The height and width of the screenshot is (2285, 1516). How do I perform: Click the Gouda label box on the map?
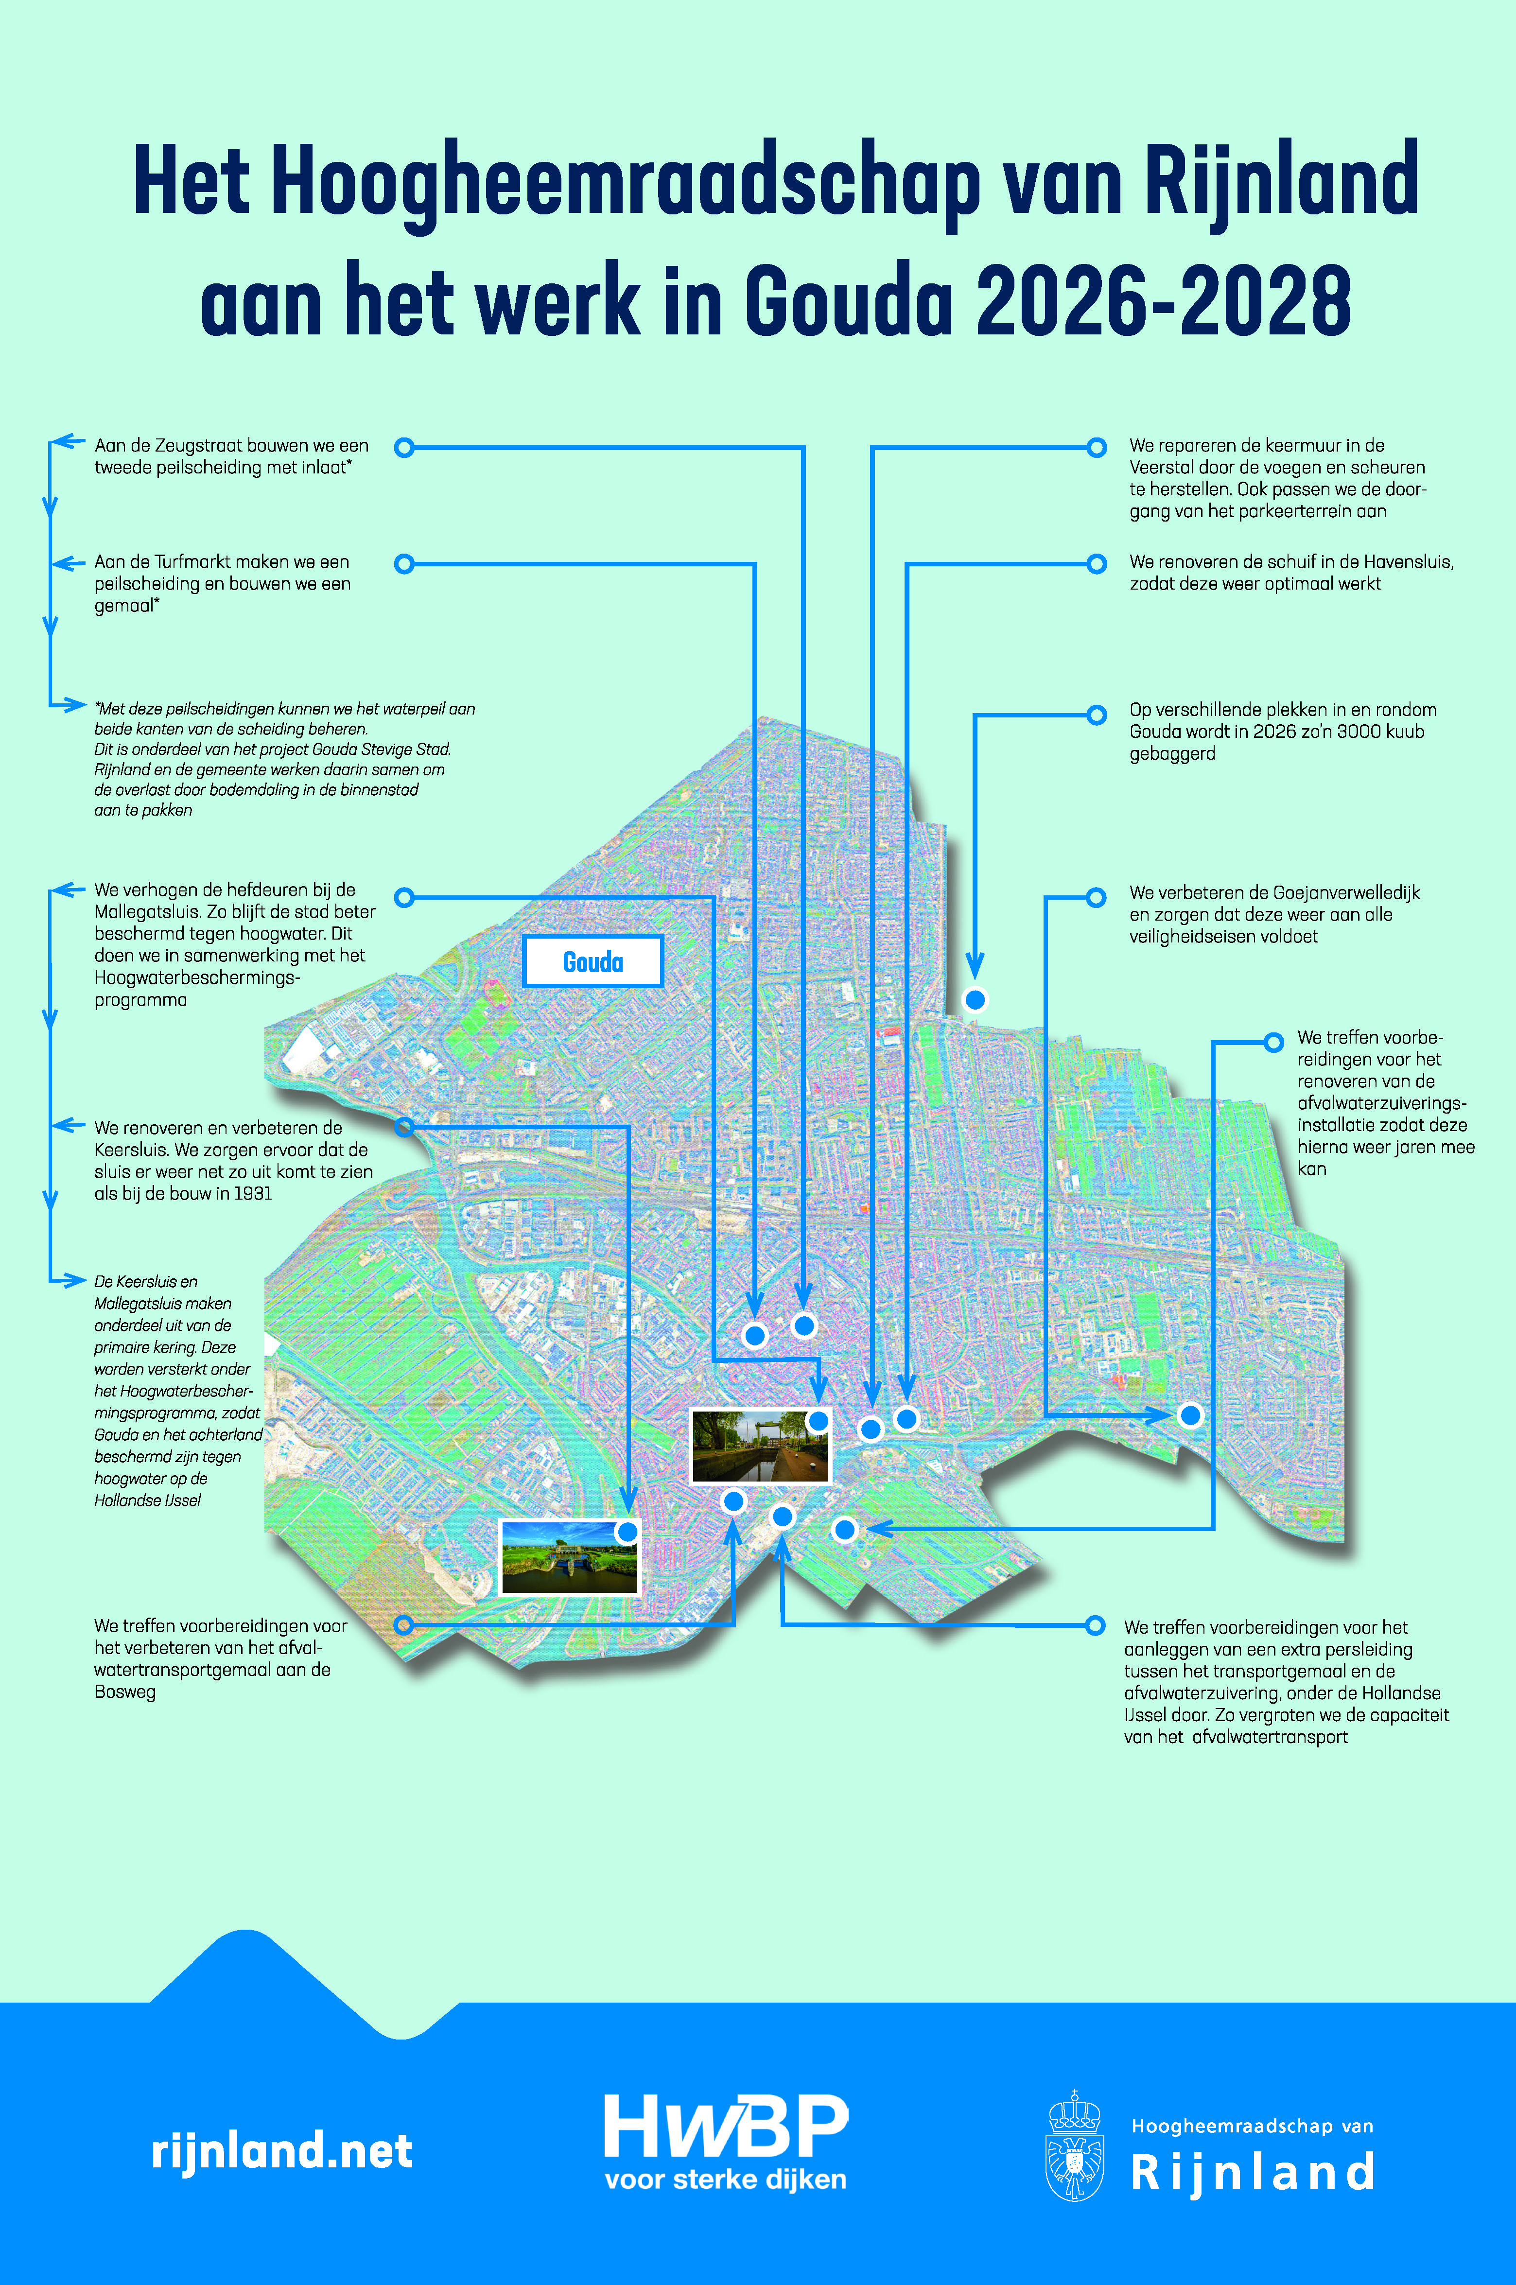tap(592, 962)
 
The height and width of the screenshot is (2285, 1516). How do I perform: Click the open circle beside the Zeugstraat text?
tap(405, 448)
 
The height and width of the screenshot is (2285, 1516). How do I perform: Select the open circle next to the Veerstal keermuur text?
tap(1097, 448)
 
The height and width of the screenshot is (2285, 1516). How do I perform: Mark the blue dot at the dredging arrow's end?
tap(976, 999)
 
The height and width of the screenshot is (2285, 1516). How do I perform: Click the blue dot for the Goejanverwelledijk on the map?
tap(1190, 1415)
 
